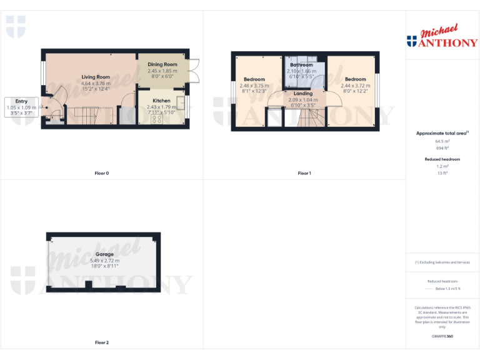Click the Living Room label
click(x=96, y=77)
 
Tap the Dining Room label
click(x=162, y=64)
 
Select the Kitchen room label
click(x=161, y=101)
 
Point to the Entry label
click(x=21, y=101)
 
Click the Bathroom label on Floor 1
click(x=301, y=65)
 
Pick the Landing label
click(x=303, y=94)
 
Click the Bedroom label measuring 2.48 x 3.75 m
click(x=254, y=79)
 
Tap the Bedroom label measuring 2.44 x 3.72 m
click(x=355, y=79)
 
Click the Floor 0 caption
click(x=102, y=173)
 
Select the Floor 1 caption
click(x=304, y=173)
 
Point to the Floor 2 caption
click(x=102, y=342)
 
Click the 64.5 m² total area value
click(x=442, y=141)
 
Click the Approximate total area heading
click(x=441, y=133)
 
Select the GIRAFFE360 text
click(x=442, y=336)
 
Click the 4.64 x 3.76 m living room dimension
click(x=96, y=83)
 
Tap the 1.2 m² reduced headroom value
click(x=442, y=166)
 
